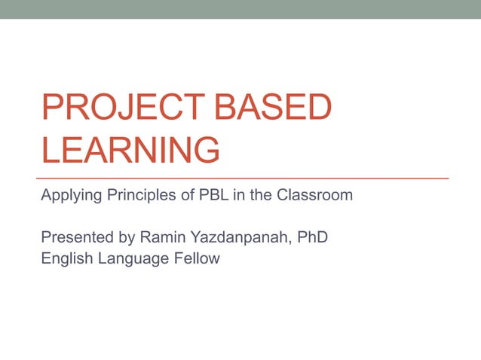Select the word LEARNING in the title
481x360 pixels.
pos(130,149)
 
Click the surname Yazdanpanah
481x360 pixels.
pos(238,238)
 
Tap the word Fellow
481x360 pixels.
pos(198,259)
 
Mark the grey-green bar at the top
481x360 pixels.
pos(240,9)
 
